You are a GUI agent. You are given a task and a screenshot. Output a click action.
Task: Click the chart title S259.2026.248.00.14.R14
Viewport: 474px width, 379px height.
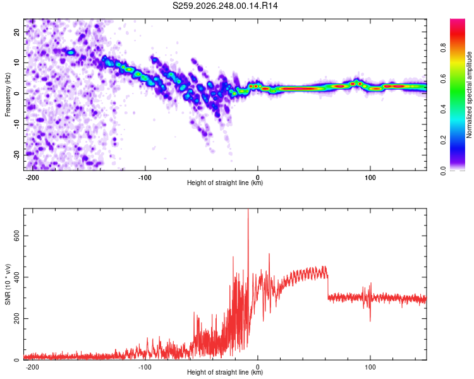coord(225,6)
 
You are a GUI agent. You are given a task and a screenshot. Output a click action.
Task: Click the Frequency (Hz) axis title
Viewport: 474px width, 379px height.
coord(8,95)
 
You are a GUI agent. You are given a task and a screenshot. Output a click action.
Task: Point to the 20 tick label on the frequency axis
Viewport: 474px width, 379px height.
coord(17,32)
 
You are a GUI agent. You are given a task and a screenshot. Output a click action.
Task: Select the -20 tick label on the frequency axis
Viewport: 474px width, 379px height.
coord(17,155)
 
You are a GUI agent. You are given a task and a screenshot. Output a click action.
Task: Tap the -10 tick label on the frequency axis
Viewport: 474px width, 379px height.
coord(17,124)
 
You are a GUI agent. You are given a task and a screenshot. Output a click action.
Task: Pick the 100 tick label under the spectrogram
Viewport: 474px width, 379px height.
coord(370,177)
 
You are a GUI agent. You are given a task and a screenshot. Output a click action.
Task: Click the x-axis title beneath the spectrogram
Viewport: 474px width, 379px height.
coord(225,183)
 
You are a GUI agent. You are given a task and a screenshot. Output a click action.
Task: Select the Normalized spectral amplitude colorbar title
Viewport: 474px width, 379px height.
coord(469,95)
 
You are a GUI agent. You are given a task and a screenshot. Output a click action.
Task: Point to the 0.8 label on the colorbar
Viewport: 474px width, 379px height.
coord(443,48)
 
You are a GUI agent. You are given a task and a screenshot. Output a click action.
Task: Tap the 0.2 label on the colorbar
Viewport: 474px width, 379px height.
coord(443,140)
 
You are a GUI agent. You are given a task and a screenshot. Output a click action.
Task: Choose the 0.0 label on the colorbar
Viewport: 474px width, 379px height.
coord(443,171)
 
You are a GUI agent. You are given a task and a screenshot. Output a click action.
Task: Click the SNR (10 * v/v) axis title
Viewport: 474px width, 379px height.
coord(8,284)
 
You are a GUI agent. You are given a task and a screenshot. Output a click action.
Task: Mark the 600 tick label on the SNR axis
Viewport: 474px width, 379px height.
coord(17,236)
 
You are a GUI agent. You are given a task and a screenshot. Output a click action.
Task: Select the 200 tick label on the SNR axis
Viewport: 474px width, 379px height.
coord(17,318)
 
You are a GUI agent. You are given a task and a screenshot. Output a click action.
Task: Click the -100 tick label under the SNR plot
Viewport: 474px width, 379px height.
coord(145,367)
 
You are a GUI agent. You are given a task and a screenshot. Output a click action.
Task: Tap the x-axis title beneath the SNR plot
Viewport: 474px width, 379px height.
coord(225,372)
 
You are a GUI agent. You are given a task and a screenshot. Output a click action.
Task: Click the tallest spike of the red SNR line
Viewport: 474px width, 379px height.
coord(248,210)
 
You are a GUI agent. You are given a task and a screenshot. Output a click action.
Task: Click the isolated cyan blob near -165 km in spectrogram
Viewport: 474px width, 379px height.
coord(71,52)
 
